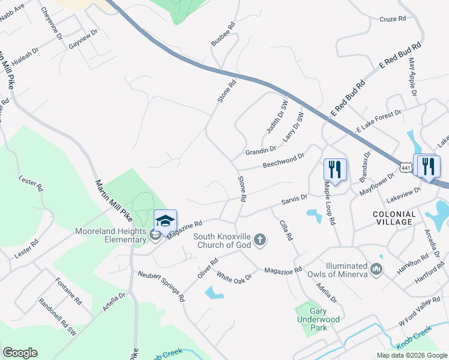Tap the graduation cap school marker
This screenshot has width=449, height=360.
(x=165, y=220)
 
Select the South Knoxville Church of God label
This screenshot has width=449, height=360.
(x=223, y=241)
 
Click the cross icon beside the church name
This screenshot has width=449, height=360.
(x=261, y=241)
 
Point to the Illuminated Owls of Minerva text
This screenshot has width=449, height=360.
(x=338, y=270)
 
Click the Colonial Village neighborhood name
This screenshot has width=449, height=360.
(x=394, y=218)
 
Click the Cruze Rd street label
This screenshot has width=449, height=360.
(x=393, y=19)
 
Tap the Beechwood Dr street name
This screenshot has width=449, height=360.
(x=283, y=160)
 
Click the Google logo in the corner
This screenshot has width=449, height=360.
(x=20, y=353)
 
